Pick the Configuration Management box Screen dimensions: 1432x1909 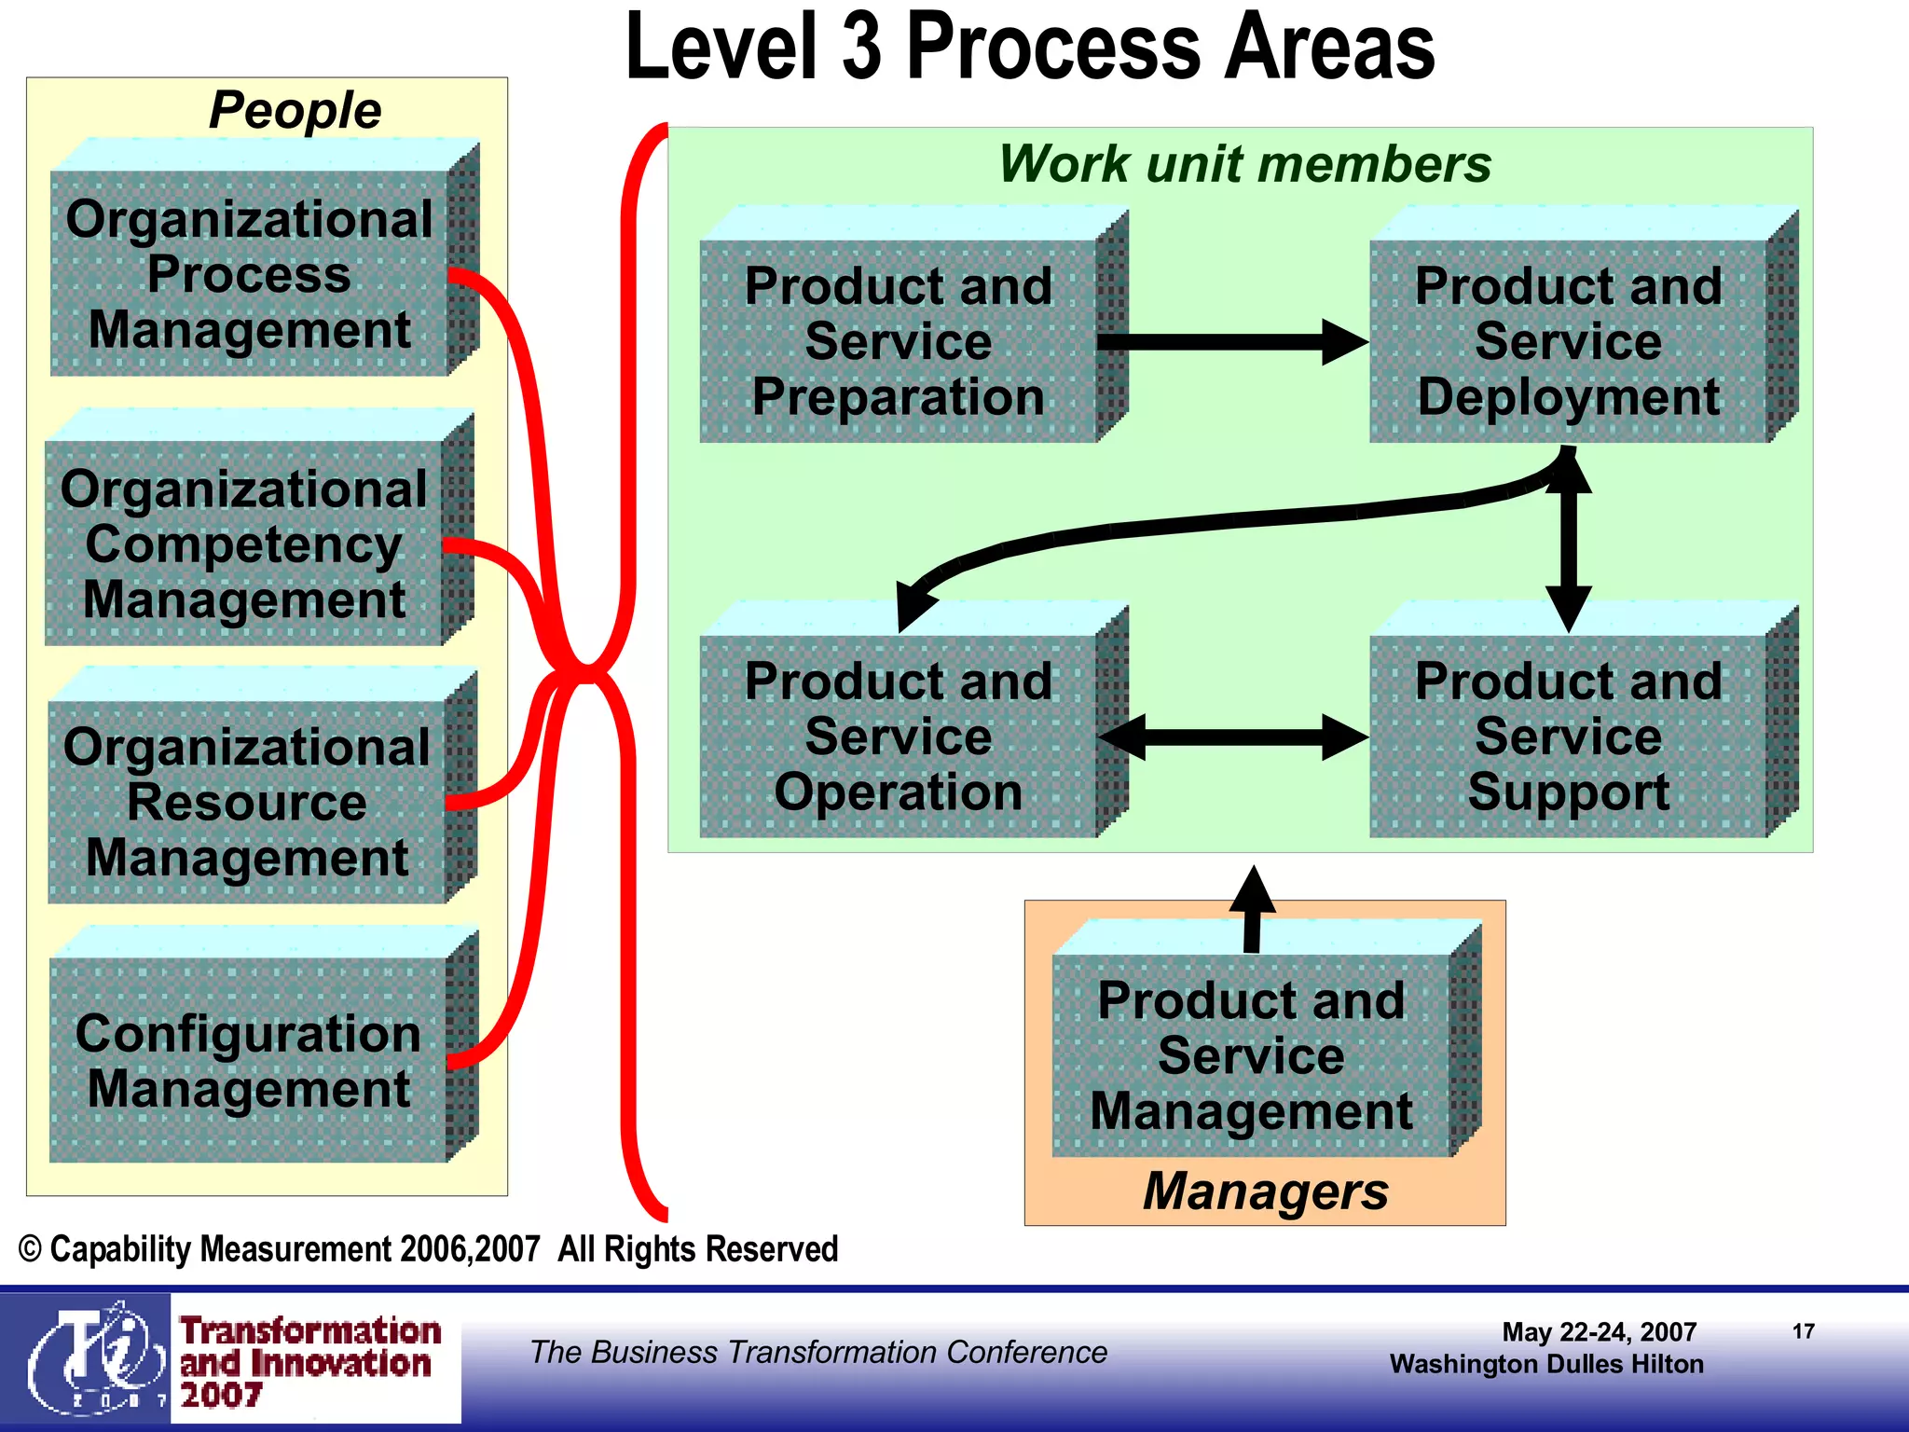coord(248,1060)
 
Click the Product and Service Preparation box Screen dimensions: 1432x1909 coord(899,341)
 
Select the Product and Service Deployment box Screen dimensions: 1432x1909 coord(1568,341)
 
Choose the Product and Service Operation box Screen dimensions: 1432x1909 coord(899,737)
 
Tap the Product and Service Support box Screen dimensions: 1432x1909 coord(1568,737)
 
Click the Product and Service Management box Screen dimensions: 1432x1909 coord(1251,1055)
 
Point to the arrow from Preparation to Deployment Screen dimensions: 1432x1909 coord(1230,342)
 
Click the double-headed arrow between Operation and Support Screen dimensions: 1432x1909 coord(1233,737)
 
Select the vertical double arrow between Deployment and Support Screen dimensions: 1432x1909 coord(1569,541)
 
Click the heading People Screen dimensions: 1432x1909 coord(295,110)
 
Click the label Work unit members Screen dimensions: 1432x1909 coord(1244,164)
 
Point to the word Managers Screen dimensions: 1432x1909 coord(1265,1191)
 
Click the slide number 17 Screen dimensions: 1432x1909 coord(1803,1331)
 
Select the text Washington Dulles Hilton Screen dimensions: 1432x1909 coord(1545,1364)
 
